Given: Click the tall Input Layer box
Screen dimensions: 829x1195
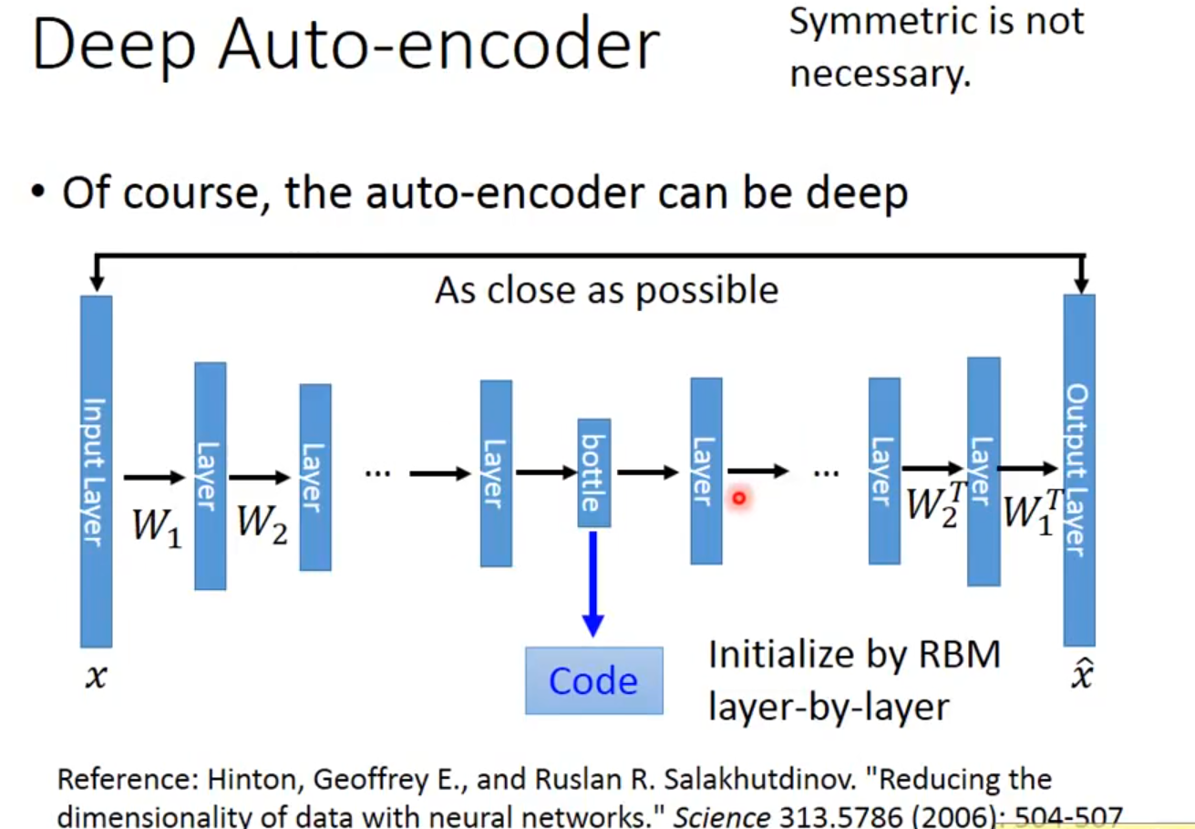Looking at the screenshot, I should pyautogui.click(x=96, y=471).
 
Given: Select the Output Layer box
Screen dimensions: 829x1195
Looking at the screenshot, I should pyautogui.click(x=1079, y=471).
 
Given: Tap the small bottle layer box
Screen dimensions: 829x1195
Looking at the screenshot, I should pyautogui.click(x=593, y=472).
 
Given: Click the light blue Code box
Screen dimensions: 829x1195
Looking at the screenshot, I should pyautogui.click(x=593, y=680).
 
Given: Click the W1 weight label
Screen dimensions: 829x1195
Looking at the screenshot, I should pyautogui.click(x=157, y=526).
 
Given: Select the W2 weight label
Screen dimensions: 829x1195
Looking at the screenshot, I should pyautogui.click(x=263, y=523).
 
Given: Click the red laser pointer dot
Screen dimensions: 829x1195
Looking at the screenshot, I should pyautogui.click(x=739, y=498).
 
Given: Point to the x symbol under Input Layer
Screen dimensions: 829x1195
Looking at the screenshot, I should pyautogui.click(x=95, y=677).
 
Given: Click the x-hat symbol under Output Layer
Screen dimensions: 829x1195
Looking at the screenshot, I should pyautogui.click(x=1080, y=675).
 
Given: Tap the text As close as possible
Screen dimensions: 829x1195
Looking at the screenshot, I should pyautogui.click(x=606, y=290).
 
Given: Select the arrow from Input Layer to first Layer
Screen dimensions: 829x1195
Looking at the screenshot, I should pyautogui.click(x=154, y=476).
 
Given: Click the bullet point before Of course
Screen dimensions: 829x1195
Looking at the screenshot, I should pyautogui.click(x=37, y=194).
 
